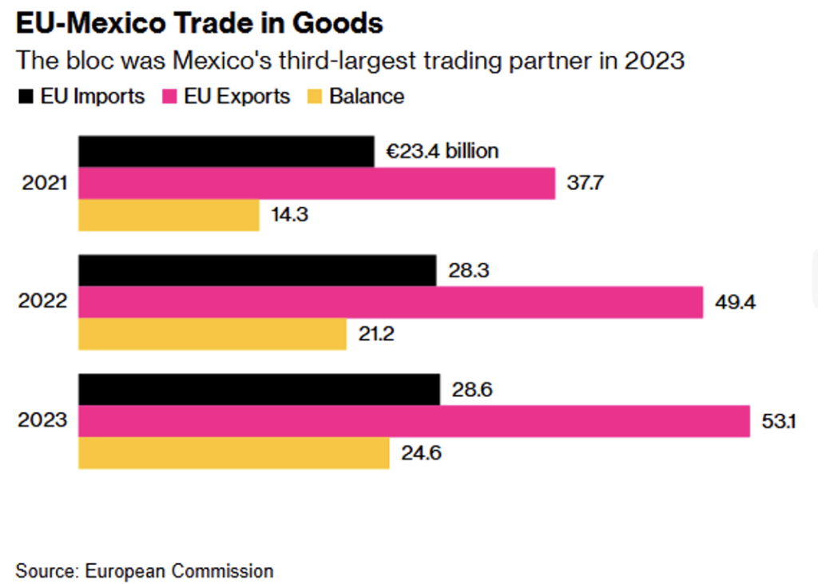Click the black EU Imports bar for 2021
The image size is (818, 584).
point(226,152)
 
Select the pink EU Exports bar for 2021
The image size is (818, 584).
point(316,184)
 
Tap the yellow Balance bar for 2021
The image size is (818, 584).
point(169,215)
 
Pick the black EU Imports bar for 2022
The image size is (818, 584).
point(257,270)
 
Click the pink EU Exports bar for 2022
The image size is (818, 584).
point(391,302)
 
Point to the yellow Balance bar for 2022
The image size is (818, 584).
point(212,334)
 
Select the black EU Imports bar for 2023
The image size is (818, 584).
point(259,389)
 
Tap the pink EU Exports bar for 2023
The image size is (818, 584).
point(414,421)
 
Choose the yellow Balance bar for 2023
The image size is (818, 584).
point(233,453)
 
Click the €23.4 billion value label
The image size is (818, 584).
point(443,151)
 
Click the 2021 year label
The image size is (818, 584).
point(44,184)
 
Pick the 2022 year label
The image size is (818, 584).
point(44,302)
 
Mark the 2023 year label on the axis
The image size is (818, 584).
point(44,421)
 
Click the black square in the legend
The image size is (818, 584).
point(25,97)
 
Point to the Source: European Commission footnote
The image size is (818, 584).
point(145,570)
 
